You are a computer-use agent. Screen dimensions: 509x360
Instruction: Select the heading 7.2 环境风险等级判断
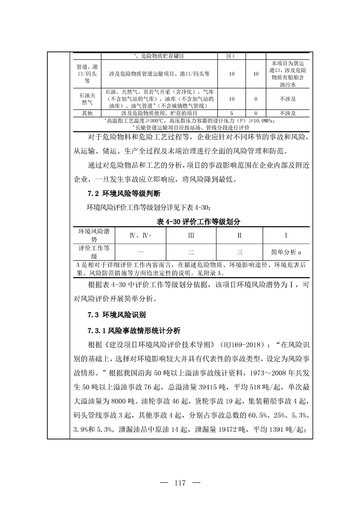pyautogui.click(x=124, y=194)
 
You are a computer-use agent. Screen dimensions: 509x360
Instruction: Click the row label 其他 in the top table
pyautogui.click(x=86, y=113)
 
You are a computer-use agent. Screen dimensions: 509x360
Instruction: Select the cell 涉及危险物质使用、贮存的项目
pyautogui.click(x=159, y=113)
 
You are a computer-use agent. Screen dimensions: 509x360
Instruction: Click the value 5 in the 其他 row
pyautogui.click(x=232, y=113)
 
